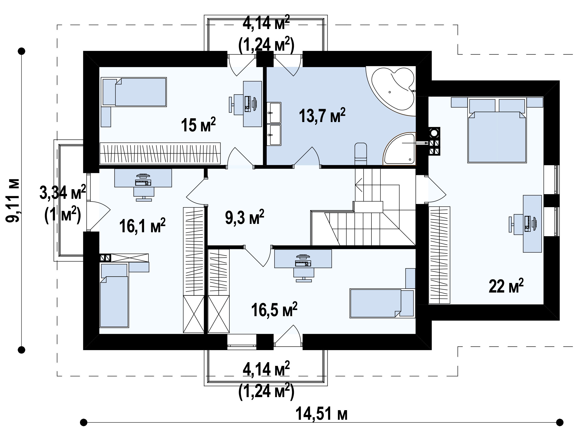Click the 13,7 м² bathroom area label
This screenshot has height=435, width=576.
click(x=322, y=116)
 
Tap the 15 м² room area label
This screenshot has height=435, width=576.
click(x=198, y=125)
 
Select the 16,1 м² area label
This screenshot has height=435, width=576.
click(x=142, y=225)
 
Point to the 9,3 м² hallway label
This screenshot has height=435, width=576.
click(x=244, y=217)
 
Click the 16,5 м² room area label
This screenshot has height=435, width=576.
click(x=274, y=310)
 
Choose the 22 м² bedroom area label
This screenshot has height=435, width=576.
click(x=506, y=286)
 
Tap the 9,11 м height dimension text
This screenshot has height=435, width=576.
click(x=13, y=201)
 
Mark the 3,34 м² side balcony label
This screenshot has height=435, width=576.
click(x=63, y=192)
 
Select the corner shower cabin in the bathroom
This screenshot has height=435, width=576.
click(x=400, y=149)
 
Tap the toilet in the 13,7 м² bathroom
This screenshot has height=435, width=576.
click(x=361, y=154)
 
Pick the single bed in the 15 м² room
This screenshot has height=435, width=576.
click(x=134, y=92)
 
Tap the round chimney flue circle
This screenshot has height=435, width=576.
click(x=434, y=133)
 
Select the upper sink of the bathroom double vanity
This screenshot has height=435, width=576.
click(x=274, y=113)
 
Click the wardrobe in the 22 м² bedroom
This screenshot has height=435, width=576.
click(x=439, y=255)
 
